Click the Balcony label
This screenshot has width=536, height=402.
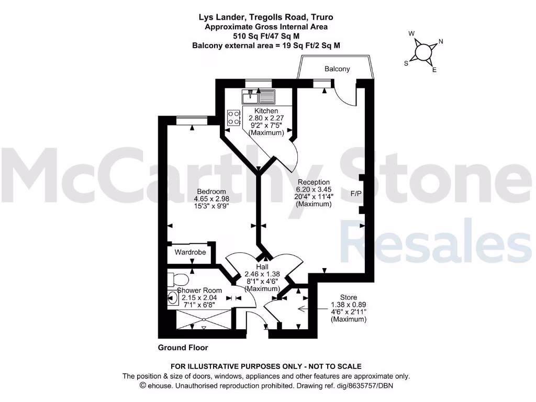(x=337, y=69)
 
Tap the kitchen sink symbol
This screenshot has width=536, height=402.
(x=259, y=97)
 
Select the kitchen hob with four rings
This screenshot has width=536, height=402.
(x=234, y=117)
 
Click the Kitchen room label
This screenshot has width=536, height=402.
(x=266, y=111)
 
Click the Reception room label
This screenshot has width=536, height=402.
(x=314, y=182)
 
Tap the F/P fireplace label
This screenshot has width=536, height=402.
(x=356, y=194)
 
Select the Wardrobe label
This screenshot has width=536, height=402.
(x=190, y=252)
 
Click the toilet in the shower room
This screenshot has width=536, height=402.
(x=174, y=278)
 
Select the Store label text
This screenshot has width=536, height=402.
(x=349, y=297)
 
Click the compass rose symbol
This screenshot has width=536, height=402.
(x=423, y=51)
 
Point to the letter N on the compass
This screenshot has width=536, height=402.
(x=441, y=41)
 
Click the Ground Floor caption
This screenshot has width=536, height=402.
(x=183, y=348)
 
